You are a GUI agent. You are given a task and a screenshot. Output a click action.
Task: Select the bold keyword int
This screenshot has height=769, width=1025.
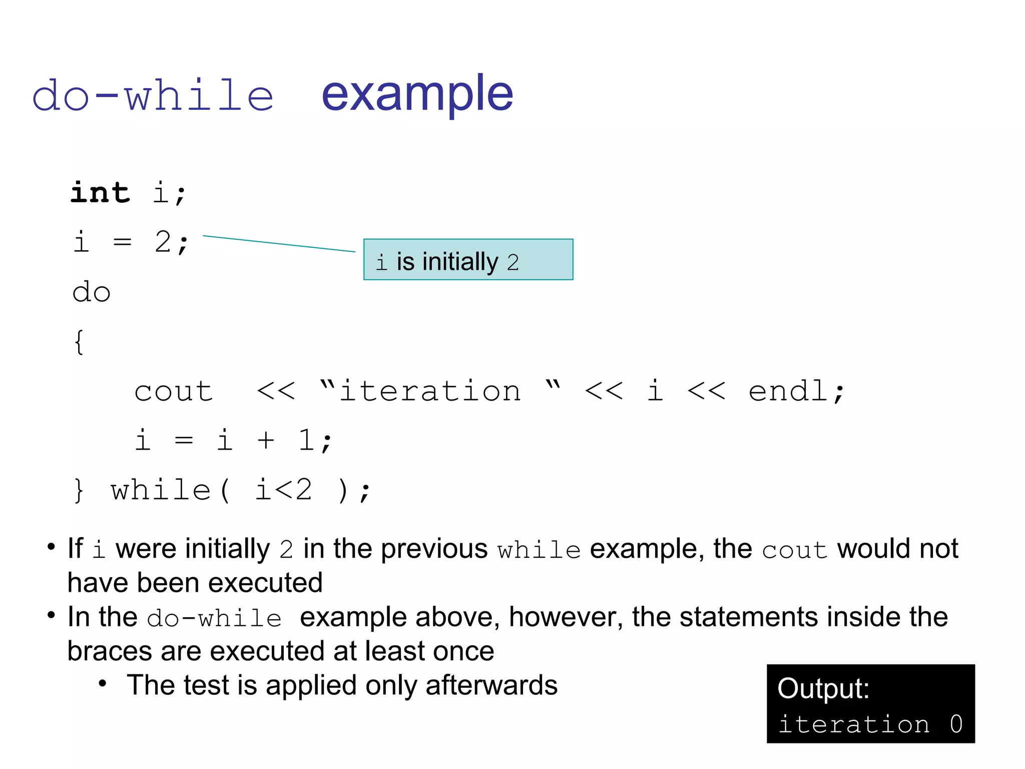[100, 193]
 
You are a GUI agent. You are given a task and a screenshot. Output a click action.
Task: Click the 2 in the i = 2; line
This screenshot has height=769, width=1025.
[163, 242]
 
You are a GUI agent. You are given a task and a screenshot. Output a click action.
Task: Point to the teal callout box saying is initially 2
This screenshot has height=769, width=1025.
[468, 259]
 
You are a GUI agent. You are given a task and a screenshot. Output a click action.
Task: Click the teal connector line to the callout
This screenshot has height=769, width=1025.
[279, 243]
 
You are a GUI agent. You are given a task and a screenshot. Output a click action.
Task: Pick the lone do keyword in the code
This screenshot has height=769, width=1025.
[91, 292]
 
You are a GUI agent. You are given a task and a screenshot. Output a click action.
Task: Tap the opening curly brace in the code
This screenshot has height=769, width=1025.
[79, 342]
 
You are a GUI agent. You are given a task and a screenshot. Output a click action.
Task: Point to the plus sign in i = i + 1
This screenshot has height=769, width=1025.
[266, 441]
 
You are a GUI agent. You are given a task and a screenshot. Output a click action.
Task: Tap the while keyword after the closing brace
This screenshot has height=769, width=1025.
[161, 490]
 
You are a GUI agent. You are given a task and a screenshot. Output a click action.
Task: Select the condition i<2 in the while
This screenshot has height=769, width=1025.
[284, 490]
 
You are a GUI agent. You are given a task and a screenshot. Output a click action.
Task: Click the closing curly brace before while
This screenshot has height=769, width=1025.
[79, 490]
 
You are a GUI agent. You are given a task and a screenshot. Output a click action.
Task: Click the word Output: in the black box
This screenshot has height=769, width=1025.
[823, 689]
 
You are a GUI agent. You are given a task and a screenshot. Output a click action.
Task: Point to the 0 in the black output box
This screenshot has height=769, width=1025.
[956, 724]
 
